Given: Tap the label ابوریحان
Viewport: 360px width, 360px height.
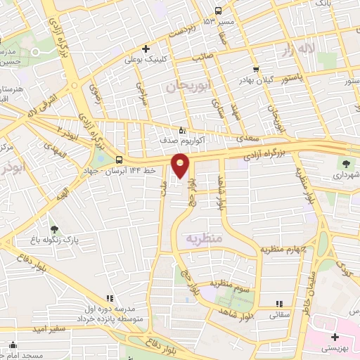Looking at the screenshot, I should (185, 86).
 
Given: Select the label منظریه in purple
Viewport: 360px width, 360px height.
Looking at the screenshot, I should (202, 238).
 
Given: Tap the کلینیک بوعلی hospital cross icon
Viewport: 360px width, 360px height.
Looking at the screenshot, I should (146, 49).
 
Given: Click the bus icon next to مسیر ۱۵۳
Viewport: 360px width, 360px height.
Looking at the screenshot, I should (218, 11).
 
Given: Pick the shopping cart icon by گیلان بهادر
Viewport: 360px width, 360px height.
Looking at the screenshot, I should (256, 70).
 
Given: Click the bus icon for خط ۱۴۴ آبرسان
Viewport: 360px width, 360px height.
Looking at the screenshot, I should (118, 160).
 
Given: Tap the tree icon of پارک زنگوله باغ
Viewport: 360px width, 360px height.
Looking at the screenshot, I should (54, 229).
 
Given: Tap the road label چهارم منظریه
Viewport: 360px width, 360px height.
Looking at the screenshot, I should (283, 249).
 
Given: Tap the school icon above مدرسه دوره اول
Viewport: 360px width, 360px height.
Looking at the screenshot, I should (108, 298).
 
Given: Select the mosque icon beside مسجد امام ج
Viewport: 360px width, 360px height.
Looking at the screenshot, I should (13, 345).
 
